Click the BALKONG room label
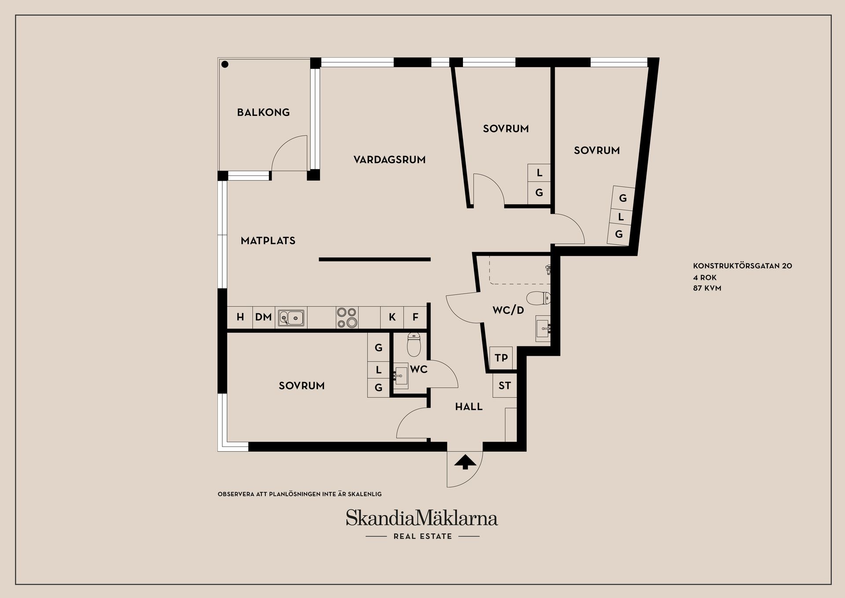263,112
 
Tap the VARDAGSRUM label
389,160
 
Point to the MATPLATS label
268,241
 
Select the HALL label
469,407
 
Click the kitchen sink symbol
291,317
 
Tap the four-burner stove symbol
346,318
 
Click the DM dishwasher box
264,317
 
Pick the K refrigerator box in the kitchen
392,317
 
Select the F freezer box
415,317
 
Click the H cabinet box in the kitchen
240,317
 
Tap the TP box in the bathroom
501,358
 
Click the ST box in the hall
504,386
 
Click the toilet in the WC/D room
538,298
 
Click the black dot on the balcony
225,64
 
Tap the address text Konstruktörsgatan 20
742,266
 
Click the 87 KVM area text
707,288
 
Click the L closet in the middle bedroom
539,173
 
